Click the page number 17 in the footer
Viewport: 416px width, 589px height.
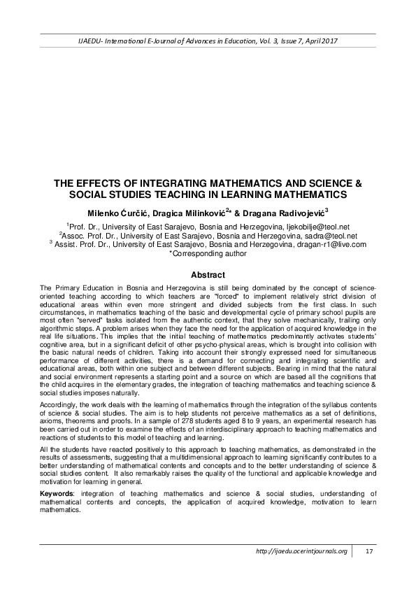point(369,552)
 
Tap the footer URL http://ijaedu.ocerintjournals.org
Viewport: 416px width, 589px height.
point(301,552)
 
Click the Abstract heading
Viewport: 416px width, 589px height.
point(208,275)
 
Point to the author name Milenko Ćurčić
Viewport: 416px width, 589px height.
point(113,213)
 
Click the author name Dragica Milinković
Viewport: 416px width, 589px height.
point(192,213)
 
